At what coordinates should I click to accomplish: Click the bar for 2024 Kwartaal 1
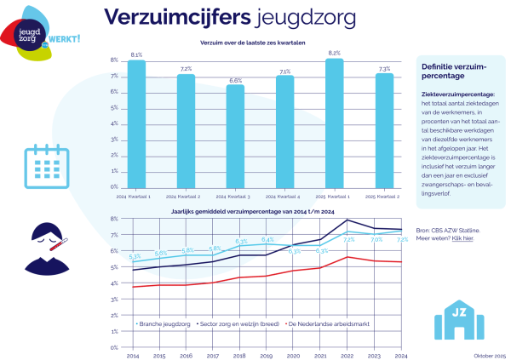136,123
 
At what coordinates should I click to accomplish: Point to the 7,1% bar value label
284,71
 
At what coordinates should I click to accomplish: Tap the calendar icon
39,160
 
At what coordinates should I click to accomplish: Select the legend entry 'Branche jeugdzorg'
164,324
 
